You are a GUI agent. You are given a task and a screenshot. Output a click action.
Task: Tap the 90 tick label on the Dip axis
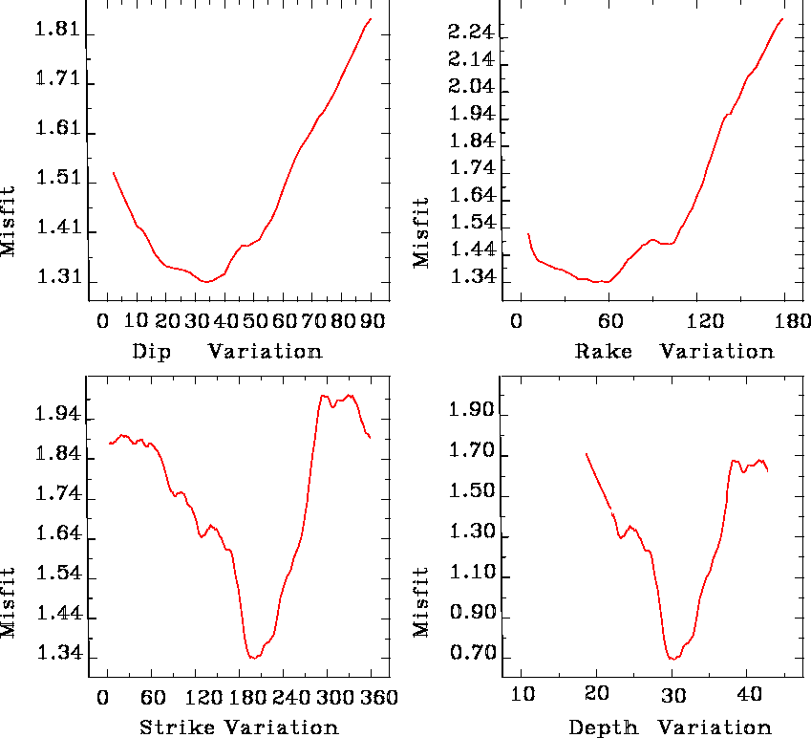[x=372, y=320]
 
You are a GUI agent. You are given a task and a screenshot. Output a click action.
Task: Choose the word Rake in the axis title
[x=604, y=351]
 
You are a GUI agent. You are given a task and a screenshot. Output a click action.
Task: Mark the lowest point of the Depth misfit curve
[x=672, y=659]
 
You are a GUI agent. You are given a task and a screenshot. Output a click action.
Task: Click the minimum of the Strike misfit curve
[x=253, y=658]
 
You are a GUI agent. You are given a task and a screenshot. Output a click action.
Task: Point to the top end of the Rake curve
[x=782, y=18]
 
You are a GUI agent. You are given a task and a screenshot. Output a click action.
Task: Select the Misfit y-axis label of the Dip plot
[x=9, y=221]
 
